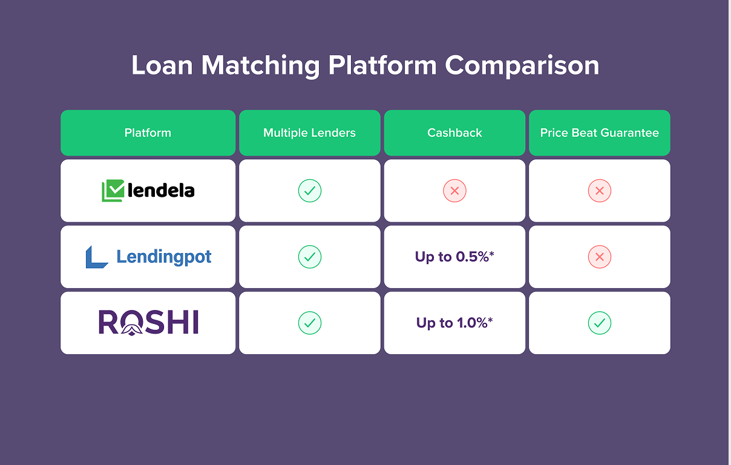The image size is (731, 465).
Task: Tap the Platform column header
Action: pos(148,133)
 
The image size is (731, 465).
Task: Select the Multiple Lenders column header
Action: pos(309,133)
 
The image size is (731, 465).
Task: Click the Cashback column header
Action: pos(454,133)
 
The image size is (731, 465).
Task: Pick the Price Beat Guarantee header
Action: pos(599,133)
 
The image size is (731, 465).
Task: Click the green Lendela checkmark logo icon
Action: pos(113,191)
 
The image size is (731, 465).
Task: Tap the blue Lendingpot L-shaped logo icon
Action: pos(96,257)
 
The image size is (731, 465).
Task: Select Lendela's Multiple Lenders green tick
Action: pos(309,191)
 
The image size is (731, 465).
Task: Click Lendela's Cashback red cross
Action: pos(454,191)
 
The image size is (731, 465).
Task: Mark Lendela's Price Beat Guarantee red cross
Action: pos(599,191)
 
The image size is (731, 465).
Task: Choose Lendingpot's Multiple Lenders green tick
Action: pos(309,257)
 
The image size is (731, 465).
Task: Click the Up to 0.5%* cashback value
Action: pos(454,257)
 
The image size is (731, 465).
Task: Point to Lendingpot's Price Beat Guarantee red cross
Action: pos(599,257)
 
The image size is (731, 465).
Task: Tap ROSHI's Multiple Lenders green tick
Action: pos(309,323)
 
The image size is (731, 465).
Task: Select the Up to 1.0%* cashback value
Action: pos(454,323)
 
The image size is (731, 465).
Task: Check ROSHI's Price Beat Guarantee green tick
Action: pos(599,323)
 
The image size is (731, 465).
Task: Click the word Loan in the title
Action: pos(162,65)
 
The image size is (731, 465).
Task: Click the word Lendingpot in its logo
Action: pos(164,257)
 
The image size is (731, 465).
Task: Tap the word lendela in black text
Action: pos(161,191)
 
